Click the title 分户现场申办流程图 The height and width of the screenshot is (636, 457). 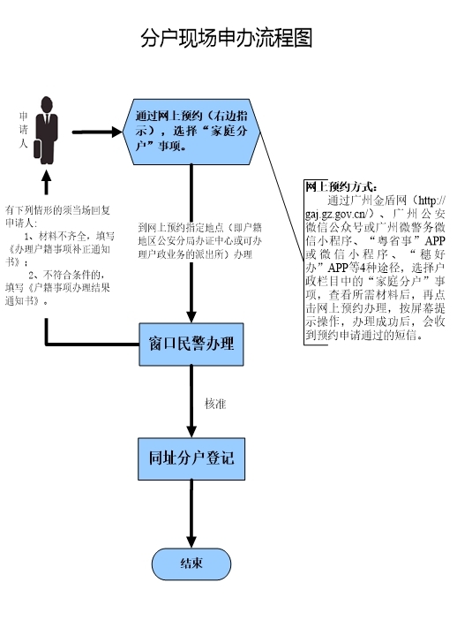(228, 39)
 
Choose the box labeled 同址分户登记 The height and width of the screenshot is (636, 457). (191, 459)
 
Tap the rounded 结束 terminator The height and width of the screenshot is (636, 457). (191, 563)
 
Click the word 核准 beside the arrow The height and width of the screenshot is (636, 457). (216, 403)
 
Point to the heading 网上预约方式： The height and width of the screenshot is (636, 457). (341, 187)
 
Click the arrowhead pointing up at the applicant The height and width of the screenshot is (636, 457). (48, 180)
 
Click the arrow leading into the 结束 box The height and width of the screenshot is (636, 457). (191, 534)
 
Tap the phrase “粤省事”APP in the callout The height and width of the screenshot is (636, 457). (406, 239)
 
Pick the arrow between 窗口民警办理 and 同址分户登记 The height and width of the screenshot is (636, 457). (191, 411)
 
